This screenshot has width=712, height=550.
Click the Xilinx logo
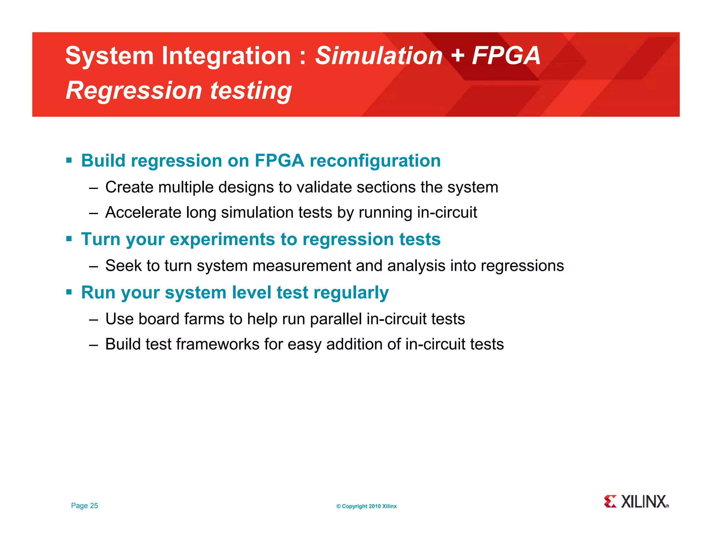pos(636,502)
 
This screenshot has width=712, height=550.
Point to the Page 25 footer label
pos(84,505)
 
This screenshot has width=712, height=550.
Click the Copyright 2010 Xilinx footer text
pos(366,506)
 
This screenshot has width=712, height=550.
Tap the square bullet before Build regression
pos(69,161)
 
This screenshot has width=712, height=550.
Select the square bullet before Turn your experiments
pos(69,239)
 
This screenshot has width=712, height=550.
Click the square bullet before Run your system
pos(69,292)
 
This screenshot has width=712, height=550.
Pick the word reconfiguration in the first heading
pos(375,161)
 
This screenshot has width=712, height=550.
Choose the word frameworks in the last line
pos(218,344)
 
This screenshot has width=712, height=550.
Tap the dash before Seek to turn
pos(93,266)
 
